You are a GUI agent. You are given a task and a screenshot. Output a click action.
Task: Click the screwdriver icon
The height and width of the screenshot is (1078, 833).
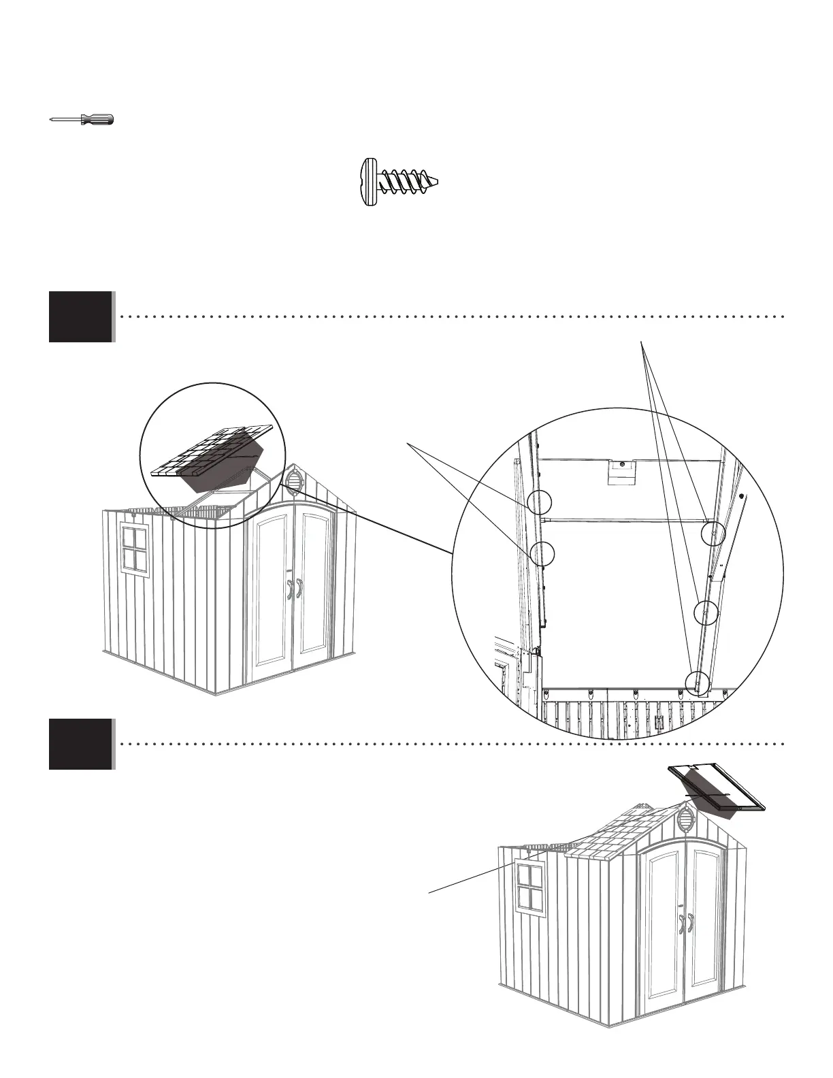[82, 120]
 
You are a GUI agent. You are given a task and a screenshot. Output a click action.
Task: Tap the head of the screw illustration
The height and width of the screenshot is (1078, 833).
[367, 182]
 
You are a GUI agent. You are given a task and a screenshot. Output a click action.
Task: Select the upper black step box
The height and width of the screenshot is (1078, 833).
[80, 316]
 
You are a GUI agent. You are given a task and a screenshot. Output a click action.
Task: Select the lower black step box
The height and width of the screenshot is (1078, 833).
[80, 744]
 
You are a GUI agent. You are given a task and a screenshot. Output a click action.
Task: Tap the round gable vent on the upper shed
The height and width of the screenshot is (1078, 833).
[294, 480]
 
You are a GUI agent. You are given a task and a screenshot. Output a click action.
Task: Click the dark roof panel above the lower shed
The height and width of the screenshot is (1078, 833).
[718, 789]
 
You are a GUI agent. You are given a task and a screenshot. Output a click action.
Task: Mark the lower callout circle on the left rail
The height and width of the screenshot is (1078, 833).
[542, 553]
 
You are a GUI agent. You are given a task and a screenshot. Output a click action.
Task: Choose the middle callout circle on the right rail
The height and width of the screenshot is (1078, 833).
[706, 612]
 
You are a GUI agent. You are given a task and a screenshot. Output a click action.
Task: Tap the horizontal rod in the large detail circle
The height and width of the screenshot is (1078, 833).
[626, 521]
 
